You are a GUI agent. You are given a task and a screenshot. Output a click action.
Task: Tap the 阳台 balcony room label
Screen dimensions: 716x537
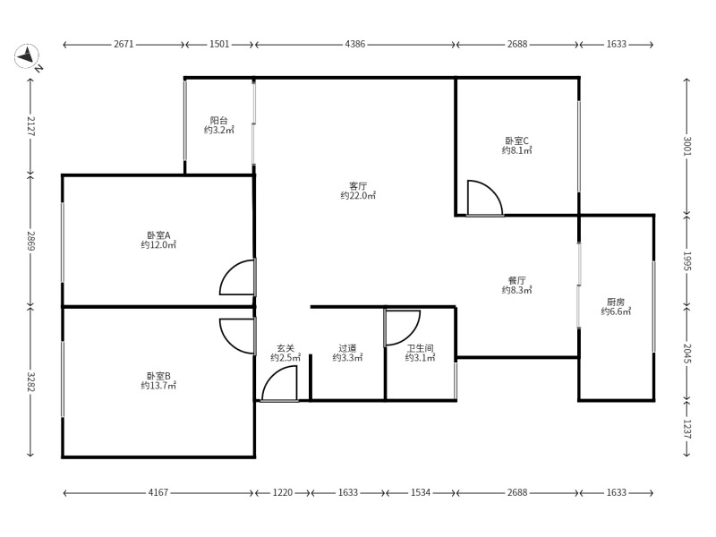[219, 121]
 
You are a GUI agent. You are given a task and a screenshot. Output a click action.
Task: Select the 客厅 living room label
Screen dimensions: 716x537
[358, 186]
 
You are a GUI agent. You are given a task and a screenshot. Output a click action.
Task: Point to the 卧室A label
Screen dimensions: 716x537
[158, 235]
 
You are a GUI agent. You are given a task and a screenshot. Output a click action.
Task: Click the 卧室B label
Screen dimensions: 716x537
[158, 376]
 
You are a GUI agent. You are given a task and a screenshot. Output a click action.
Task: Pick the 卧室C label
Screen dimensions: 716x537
[517, 141]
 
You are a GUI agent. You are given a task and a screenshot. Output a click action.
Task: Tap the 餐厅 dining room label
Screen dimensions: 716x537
[517, 280]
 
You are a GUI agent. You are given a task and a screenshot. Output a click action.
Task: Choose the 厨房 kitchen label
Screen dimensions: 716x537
[616, 303]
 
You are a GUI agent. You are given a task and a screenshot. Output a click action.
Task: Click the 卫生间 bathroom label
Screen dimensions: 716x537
[420, 348]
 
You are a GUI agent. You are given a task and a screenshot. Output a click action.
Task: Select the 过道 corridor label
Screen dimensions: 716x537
[347, 348]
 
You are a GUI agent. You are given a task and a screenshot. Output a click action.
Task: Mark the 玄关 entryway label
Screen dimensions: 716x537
[286, 348]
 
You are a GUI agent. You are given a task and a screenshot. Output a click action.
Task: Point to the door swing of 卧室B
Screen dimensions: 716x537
[230, 344]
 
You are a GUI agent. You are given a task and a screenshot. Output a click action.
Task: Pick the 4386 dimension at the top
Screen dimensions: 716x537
[354, 44]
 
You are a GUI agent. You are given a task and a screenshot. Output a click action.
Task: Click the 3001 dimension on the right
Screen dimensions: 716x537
[687, 146]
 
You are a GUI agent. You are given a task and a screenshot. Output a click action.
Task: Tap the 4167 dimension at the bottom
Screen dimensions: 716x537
[158, 493]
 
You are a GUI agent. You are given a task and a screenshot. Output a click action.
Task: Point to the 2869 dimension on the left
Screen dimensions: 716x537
[30, 241]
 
